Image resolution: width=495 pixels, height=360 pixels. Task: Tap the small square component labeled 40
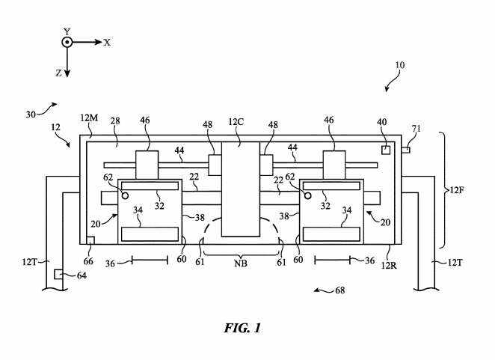click(x=385, y=150)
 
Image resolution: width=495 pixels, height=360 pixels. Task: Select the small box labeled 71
click(x=405, y=151)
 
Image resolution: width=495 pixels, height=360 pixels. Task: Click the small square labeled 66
click(x=90, y=240)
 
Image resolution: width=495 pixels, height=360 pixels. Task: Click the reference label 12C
click(x=237, y=122)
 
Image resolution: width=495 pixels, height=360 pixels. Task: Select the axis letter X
click(x=108, y=43)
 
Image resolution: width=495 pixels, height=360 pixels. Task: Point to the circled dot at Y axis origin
click(x=67, y=43)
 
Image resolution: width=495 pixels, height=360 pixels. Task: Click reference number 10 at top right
click(x=400, y=65)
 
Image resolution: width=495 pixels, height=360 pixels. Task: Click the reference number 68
click(x=340, y=290)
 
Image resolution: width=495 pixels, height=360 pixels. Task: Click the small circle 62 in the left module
click(x=126, y=195)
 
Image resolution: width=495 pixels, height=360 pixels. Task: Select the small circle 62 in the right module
click(x=307, y=195)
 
